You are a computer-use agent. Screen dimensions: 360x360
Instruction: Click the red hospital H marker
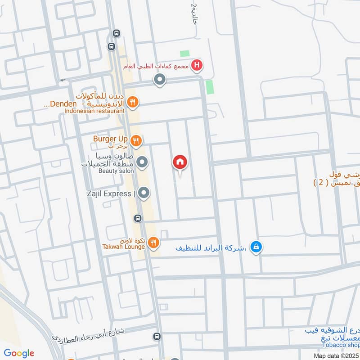196,66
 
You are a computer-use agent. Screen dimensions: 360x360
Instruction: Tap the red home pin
180,162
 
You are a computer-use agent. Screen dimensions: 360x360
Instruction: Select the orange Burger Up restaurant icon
136,141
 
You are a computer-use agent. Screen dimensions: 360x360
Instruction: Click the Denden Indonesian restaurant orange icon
132,102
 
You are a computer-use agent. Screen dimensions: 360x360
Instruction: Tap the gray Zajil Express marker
144,193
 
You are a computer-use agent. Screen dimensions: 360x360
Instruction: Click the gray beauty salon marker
143,162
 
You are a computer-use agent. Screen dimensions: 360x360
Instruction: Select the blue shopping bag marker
256,247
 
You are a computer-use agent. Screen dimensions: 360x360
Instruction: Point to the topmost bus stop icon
117,33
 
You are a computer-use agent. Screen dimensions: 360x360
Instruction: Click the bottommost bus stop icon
157,336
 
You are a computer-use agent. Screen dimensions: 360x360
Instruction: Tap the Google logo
19,353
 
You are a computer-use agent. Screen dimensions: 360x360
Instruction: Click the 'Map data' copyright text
336,355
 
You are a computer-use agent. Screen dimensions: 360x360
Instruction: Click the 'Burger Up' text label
110,139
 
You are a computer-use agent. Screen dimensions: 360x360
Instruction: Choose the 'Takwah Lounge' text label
123,247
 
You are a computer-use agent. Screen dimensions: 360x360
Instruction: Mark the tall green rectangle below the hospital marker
209,87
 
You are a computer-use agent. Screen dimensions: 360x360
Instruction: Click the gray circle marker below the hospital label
159,81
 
